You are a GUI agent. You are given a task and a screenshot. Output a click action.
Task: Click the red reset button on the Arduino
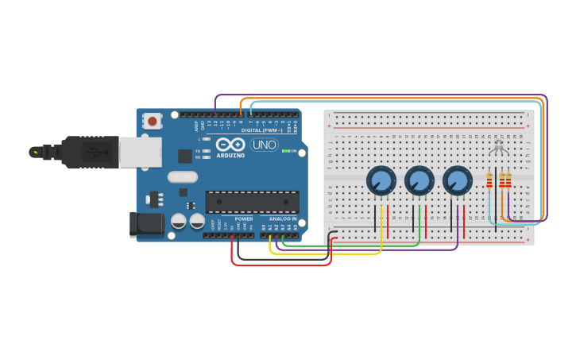coord(151,121)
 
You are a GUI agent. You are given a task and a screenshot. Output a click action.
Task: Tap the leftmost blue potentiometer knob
coord(381,181)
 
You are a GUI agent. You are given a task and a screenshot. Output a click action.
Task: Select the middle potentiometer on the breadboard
coord(419,181)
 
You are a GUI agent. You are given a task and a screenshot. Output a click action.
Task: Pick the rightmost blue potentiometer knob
coord(458,181)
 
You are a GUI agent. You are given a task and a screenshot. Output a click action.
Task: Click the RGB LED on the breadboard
coord(498,148)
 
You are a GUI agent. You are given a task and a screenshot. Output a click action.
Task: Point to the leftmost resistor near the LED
coord(489,181)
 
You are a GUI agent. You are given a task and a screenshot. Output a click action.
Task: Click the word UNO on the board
coord(264,145)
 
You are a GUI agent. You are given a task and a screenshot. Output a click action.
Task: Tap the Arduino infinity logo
coord(230,145)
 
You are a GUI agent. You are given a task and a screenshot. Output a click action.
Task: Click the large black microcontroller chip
coord(253,202)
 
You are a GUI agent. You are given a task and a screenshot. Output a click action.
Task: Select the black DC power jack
coord(146,224)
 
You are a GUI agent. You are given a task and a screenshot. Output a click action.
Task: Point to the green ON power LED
coord(284,151)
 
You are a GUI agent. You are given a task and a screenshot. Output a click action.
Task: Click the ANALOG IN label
coord(282,219)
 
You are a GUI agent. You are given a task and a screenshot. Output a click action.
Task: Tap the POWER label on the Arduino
coord(244,219)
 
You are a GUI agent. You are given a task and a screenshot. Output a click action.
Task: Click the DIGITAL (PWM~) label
coord(258,130)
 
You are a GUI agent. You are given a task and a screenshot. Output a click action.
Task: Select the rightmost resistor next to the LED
coord(508,181)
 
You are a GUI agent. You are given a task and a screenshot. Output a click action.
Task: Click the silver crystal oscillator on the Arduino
coord(183,176)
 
